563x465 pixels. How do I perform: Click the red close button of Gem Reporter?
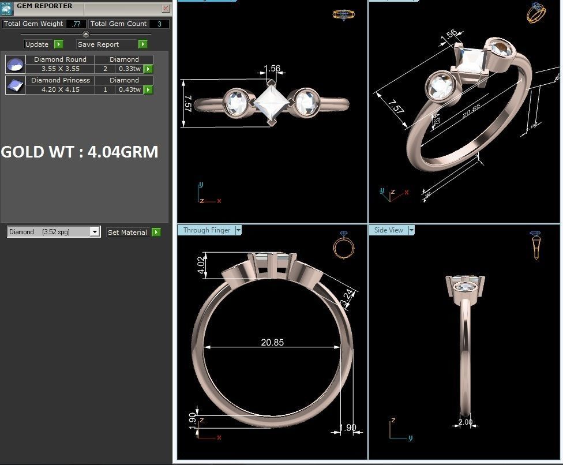point(166,9)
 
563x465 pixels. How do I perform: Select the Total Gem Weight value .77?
point(76,24)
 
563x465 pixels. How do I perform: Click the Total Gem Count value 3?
point(159,24)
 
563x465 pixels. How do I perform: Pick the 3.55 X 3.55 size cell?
point(61,69)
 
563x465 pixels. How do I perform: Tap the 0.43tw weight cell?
point(129,89)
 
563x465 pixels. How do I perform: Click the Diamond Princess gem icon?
point(16,85)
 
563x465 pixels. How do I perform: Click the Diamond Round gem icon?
point(16,64)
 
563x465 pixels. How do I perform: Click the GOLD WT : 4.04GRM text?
point(80,152)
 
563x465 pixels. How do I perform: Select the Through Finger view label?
point(207,230)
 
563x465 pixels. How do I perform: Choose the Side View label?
point(389,230)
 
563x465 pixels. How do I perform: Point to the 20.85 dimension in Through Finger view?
point(272,342)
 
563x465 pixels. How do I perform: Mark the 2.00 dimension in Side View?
point(465,422)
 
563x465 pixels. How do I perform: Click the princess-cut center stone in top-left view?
point(270,103)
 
